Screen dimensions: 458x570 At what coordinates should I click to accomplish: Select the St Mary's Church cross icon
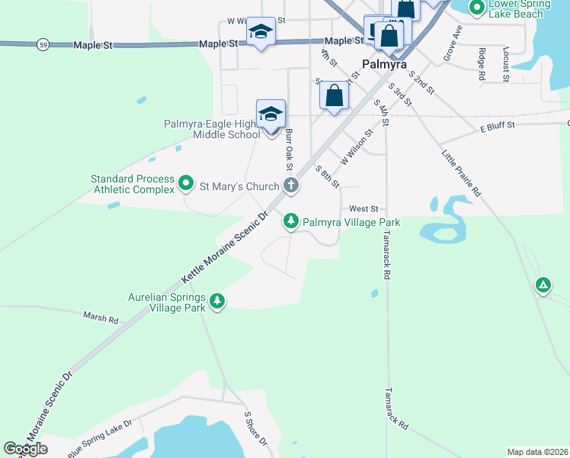click(x=290, y=185)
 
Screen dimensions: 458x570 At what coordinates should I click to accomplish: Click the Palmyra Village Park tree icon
click(x=290, y=222)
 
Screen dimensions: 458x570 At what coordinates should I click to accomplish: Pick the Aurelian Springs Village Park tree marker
click(x=218, y=302)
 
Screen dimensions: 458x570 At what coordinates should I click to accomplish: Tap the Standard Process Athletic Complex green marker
click(x=185, y=184)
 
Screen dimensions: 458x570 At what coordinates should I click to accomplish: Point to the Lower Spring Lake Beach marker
click(x=477, y=8)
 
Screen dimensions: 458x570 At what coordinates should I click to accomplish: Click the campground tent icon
click(x=543, y=285)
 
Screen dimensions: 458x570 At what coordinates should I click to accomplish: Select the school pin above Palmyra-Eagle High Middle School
click(x=271, y=114)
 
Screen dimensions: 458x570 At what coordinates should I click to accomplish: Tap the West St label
click(x=363, y=208)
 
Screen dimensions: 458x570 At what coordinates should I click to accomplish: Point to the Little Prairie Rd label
click(x=462, y=173)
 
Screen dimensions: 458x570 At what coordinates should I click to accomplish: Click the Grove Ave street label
click(x=453, y=43)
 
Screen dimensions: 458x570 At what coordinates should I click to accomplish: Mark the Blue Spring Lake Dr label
click(x=100, y=437)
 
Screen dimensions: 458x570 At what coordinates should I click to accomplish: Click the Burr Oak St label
click(x=289, y=149)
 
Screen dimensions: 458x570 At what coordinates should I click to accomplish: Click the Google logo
click(x=25, y=448)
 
